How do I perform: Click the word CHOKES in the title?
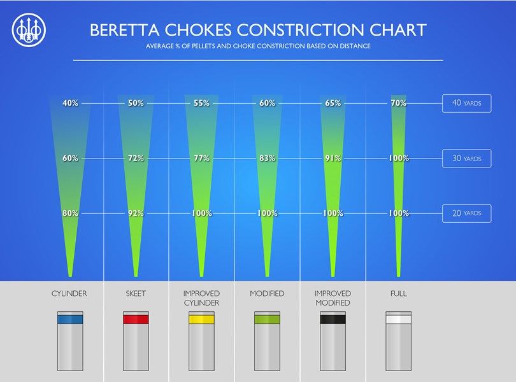193,30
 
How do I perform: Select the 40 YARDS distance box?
466,103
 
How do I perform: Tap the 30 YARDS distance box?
466,159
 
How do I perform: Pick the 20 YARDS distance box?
466,213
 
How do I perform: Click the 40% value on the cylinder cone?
70,103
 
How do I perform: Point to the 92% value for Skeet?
136,213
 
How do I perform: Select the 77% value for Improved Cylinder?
201,159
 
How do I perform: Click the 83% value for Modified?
267,159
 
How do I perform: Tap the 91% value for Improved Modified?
333,159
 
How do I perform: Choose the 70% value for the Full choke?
398,103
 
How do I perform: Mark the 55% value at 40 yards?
201,103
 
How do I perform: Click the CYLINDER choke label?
69,294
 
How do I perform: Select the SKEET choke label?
136,294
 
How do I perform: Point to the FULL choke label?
398,294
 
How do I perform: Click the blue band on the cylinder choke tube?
69,320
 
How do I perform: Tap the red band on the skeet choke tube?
136,320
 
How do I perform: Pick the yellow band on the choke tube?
201,320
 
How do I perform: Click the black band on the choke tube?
333,320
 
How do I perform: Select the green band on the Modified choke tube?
267,320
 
